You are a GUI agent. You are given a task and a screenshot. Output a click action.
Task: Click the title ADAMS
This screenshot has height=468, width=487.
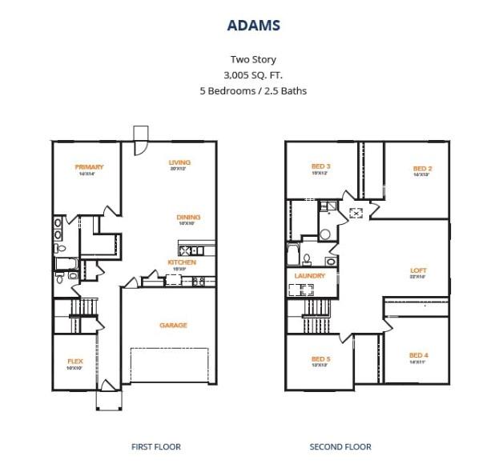point(252,26)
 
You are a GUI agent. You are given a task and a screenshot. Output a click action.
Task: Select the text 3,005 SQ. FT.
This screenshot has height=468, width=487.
point(252,74)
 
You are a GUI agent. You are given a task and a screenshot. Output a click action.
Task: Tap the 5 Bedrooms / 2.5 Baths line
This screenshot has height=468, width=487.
point(252,90)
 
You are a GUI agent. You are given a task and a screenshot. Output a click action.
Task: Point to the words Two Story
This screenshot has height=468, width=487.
point(252,59)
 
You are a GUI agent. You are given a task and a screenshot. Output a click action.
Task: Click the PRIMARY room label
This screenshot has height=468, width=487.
point(89,167)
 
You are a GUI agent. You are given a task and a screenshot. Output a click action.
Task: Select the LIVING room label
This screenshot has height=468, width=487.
point(179,163)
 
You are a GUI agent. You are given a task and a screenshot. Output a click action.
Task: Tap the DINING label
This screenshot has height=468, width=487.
point(189,218)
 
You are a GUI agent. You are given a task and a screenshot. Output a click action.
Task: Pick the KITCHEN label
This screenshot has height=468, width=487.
point(182,262)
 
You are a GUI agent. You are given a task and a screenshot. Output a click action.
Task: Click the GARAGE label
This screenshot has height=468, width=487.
point(173,325)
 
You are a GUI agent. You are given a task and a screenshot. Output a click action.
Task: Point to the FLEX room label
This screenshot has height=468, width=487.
point(75,362)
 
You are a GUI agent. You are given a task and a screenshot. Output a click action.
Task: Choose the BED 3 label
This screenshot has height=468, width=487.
point(321,167)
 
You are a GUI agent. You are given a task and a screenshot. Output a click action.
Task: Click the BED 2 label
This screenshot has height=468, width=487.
point(423,169)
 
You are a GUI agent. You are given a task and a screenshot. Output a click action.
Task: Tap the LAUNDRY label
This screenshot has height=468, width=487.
point(309,276)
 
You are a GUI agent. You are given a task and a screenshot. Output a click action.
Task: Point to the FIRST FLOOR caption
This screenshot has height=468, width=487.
point(156,446)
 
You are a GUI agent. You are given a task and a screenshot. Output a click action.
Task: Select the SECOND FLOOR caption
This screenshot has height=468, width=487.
point(340,446)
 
